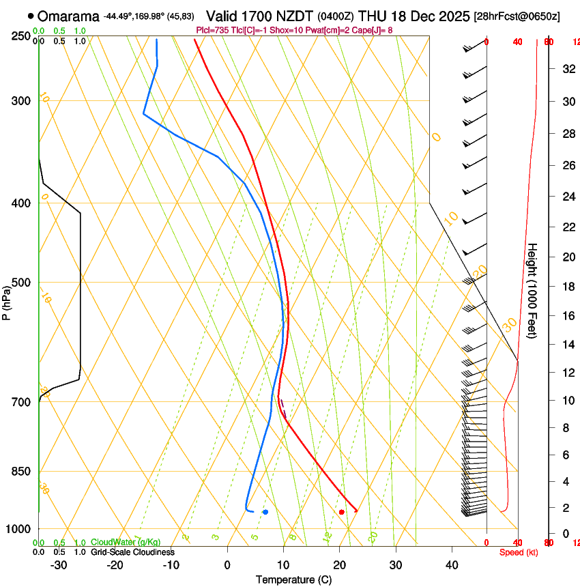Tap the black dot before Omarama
coord(31,15)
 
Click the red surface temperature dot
coord(342,512)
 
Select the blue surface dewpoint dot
coord(265,512)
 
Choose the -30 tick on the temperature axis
coord(59,565)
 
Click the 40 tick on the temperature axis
coord(452,565)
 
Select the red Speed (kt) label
coord(519,552)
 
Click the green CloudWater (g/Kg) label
coord(126,543)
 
